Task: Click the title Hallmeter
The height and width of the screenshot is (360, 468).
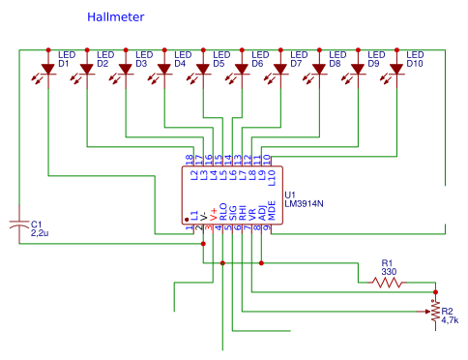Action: point(117,17)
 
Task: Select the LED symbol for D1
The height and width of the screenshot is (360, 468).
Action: point(47,70)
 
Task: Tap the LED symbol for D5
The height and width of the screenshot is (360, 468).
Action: point(202,70)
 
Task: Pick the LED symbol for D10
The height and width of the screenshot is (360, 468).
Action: point(395,70)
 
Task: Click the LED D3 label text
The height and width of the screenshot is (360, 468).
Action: point(142,59)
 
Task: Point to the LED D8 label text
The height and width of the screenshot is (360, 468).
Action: point(336,59)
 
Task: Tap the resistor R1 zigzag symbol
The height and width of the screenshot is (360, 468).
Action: point(387,283)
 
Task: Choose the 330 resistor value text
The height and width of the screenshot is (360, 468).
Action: point(389,272)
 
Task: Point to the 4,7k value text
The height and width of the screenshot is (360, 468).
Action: point(451,320)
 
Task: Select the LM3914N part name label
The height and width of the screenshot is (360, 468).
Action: point(305,204)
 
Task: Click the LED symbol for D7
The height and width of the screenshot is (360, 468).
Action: point(279,70)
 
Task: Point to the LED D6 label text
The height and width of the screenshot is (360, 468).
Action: point(258,59)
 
